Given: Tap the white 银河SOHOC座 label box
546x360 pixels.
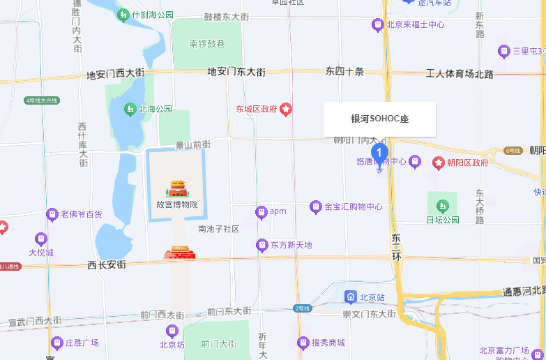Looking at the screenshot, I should point(379,119).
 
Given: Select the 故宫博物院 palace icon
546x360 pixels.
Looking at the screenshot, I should point(176,188).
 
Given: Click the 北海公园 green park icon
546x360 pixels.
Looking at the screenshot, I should point(130,109).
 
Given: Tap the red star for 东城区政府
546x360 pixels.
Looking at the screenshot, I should point(286,110).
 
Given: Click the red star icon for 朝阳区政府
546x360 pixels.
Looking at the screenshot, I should point(439,163).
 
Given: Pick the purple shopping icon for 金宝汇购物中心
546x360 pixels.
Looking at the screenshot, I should point(315,207).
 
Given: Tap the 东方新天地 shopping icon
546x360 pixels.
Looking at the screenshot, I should point(261,245).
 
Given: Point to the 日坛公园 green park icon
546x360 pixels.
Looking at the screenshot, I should point(442,207).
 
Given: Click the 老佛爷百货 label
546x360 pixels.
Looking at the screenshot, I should point(81,214).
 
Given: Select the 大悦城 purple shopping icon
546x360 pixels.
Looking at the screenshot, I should point(41,239).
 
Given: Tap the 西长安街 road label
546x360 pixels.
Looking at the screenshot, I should point(107,265).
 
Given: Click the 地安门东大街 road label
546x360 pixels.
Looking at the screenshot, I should point(236,71).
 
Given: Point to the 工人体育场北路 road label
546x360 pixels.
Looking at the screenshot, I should point(460,73).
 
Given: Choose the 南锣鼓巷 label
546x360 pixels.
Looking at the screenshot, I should point(207,43).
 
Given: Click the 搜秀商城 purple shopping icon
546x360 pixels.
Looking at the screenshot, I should point(303,343).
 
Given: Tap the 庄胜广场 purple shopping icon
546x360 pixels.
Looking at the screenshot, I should point(57,343).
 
